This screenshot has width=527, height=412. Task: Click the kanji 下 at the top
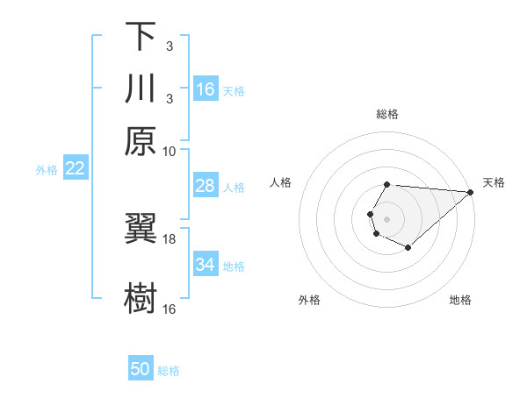(141, 37)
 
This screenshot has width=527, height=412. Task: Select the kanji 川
(141, 89)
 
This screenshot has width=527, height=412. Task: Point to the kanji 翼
(141, 229)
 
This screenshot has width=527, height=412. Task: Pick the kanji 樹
(141, 298)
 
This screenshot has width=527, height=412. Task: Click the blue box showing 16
(206, 89)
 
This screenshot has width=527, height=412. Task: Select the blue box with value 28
(205, 186)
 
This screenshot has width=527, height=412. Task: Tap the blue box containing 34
(205, 265)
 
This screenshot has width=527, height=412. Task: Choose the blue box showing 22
(75, 168)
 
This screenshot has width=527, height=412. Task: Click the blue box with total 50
(141, 369)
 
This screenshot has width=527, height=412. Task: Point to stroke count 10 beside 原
(170, 151)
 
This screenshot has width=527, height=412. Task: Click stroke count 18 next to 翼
(170, 238)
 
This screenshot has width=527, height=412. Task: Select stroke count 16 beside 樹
(170, 309)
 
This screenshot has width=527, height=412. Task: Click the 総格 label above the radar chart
(387, 115)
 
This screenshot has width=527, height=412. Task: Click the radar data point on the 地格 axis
(408, 248)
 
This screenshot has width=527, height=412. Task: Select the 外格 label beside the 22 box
(47, 170)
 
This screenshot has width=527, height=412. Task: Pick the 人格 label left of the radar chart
(281, 182)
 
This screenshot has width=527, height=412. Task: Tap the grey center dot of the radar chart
(386, 217)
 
